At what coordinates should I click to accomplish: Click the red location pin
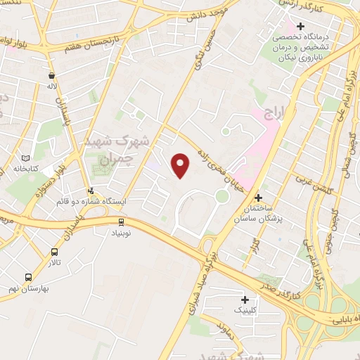point(181,165)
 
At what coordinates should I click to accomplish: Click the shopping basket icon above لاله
point(51,75)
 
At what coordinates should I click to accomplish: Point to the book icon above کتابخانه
point(27,159)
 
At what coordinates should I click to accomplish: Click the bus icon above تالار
point(54,252)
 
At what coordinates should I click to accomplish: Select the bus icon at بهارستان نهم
point(28,277)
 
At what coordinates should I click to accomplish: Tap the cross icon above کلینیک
point(245,299)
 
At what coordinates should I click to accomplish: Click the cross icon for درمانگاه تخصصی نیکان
point(300,27)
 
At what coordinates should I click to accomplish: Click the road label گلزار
point(255,244)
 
